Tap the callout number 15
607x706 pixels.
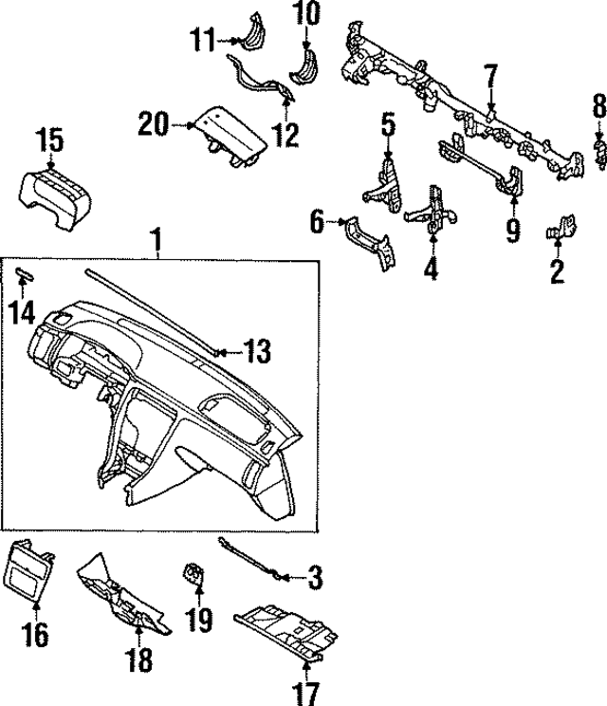[x=50, y=141]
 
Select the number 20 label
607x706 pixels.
[x=152, y=123]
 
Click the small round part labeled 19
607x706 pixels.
[x=193, y=573]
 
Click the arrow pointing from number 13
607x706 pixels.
[x=226, y=352]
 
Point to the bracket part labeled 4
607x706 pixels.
[x=432, y=208]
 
